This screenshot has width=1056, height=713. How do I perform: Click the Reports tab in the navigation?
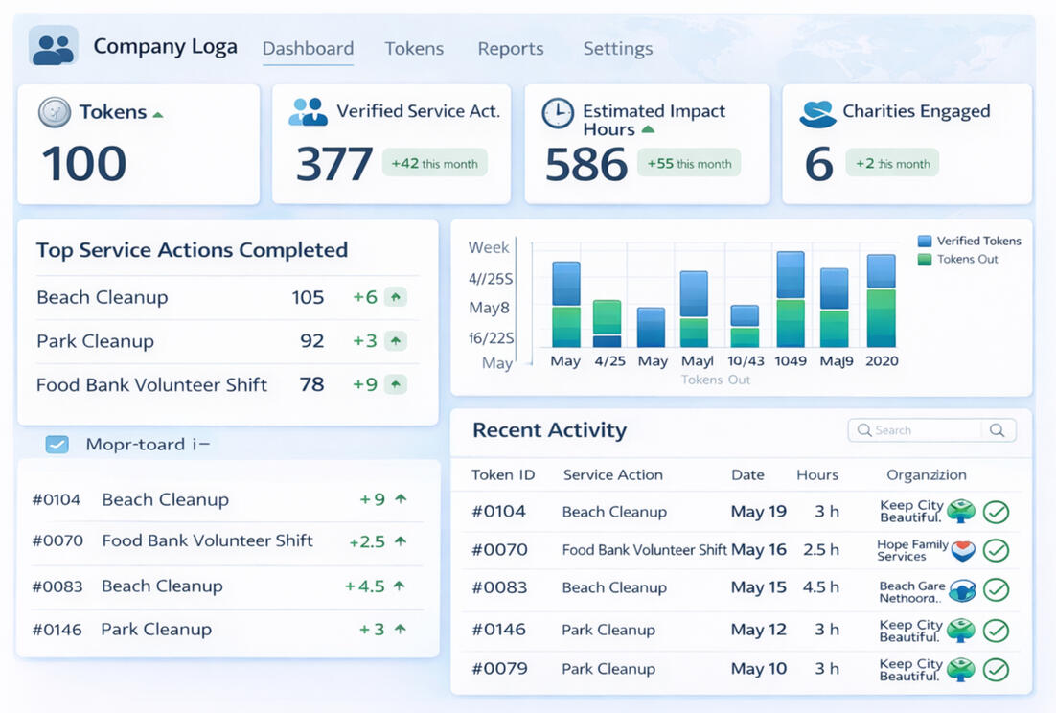tap(510, 49)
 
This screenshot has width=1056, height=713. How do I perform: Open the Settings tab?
tap(617, 49)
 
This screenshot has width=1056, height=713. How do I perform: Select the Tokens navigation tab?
tap(414, 49)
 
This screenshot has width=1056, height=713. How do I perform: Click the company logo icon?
tap(53, 47)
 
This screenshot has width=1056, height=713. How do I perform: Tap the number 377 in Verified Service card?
tap(333, 164)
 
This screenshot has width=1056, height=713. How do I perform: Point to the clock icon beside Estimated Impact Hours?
tap(557, 113)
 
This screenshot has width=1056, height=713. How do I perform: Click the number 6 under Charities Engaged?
tap(818, 164)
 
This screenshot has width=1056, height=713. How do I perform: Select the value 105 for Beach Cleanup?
tap(308, 297)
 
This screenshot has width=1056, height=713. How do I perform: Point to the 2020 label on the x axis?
tap(882, 361)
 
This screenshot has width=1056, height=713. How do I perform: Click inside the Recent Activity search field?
tap(915, 430)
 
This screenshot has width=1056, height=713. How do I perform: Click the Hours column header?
tap(816, 475)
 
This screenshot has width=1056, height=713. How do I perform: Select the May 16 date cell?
tap(758, 550)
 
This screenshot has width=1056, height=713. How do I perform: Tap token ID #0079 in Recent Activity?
tap(499, 668)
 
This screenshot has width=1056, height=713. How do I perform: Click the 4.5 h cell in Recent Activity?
tap(819, 587)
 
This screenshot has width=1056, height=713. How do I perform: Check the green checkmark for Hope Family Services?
tap(996, 550)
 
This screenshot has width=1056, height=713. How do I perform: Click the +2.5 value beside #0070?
tap(367, 541)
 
